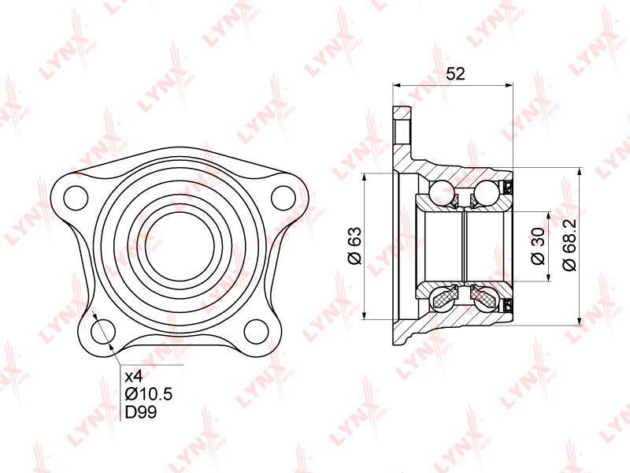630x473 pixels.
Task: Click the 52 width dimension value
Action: tap(456, 74)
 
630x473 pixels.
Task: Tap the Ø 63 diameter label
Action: tap(355, 246)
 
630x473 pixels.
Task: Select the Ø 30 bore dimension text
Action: tap(538, 246)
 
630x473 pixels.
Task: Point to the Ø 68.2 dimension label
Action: tap(569, 245)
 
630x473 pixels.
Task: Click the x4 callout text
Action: tap(134, 377)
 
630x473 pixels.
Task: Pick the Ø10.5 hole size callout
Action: tap(149, 394)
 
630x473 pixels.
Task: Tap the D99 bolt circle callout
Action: tap(141, 412)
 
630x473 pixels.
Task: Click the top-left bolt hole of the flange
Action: tap(76, 198)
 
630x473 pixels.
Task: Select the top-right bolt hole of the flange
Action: tap(283, 198)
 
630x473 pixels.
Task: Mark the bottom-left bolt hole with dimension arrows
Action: tap(103, 331)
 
